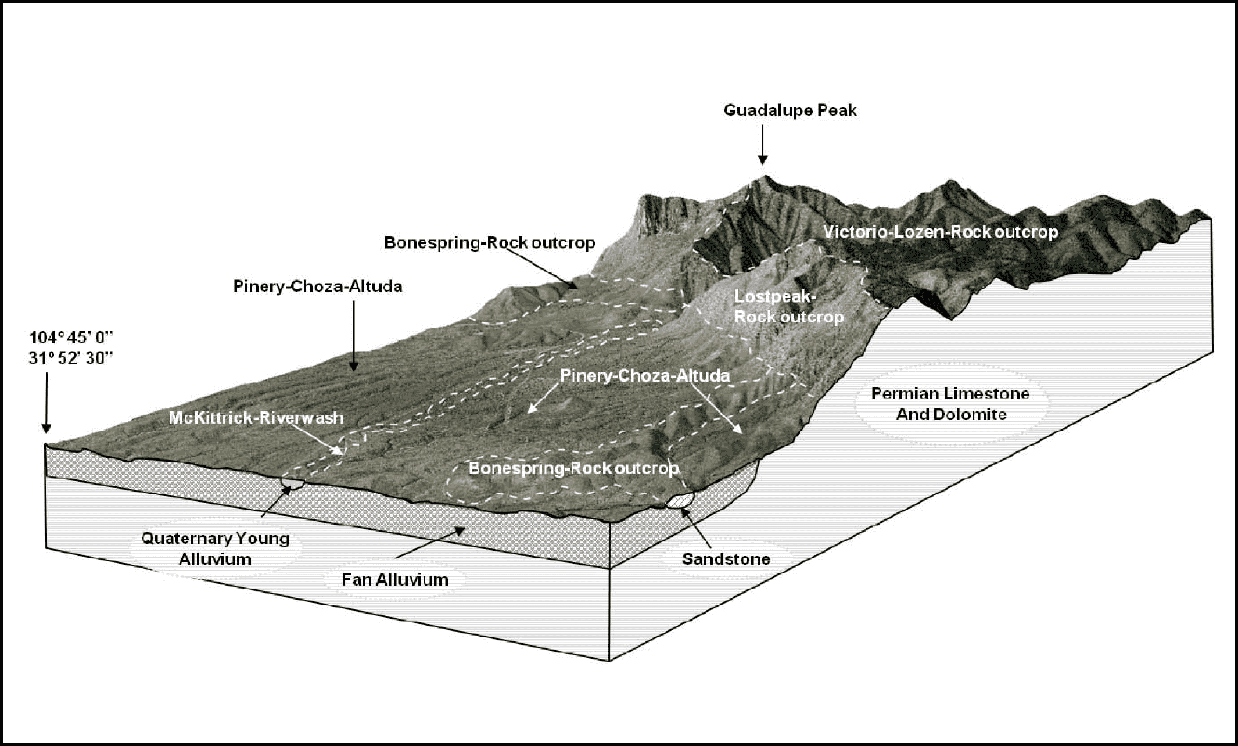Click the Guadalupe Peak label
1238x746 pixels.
tap(790, 110)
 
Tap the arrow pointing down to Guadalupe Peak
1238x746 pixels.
tap(763, 144)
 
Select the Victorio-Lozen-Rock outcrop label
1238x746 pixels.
tap(941, 232)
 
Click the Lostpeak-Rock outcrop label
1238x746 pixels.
tap(789, 307)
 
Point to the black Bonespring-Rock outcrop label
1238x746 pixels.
tap(490, 243)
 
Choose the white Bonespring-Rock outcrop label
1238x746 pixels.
tap(573, 468)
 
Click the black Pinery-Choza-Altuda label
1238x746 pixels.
tap(318, 286)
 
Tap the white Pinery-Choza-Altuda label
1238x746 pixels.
tap(645, 376)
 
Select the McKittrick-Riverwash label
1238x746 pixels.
tap(256, 418)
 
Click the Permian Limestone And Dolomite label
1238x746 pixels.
tap(950, 404)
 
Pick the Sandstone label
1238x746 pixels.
tap(726, 559)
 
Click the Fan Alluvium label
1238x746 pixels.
tap(395, 579)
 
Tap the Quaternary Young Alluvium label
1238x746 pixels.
tap(216, 548)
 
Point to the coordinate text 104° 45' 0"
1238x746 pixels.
tap(70, 338)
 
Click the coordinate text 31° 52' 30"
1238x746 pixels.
tap(70, 358)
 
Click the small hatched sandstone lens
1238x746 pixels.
tap(680, 500)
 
